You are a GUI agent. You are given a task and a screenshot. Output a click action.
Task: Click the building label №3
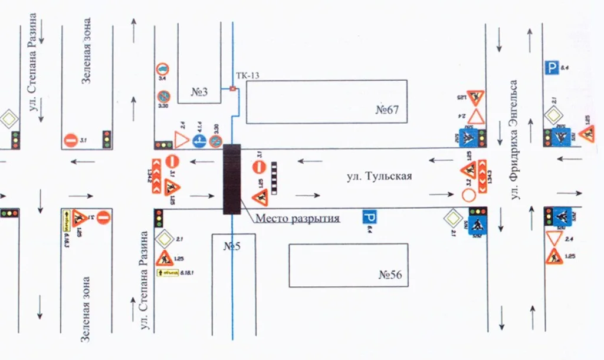point(199,92)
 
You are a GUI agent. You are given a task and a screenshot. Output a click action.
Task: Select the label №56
point(393,275)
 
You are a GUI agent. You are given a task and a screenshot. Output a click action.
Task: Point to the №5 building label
point(231,246)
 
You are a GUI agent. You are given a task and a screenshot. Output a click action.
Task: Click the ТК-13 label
point(247,75)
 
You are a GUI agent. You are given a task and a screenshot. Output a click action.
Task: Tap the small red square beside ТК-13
point(232,89)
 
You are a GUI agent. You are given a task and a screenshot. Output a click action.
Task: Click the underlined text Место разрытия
point(298,219)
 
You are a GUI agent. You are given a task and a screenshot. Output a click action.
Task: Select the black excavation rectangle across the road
point(232,179)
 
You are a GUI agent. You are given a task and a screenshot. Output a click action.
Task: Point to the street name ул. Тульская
point(378,176)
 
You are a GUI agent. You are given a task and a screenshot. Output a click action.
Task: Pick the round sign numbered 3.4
point(162,70)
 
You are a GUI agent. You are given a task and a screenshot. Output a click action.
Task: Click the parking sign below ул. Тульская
point(370,217)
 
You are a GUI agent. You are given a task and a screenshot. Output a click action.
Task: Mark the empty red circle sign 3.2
point(469,195)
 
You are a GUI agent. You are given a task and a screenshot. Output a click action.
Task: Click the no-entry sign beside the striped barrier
point(260,167)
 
